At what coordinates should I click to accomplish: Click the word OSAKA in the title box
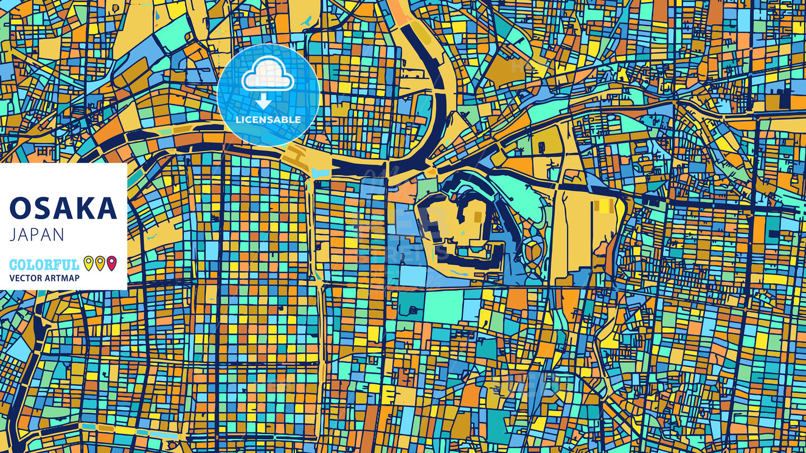tap(63, 208)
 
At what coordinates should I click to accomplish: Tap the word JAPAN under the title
tap(37, 235)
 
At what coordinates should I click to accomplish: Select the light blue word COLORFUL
tap(44, 265)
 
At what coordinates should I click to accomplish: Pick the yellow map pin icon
tap(88, 263)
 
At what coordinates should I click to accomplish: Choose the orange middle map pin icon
tap(100, 263)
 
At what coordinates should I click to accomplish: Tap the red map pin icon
tap(111, 263)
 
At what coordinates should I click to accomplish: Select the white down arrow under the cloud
tap(263, 101)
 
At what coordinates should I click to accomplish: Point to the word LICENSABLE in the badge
tap(268, 120)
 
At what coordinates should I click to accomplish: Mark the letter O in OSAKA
tap(20, 208)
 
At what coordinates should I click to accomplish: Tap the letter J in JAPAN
tap(12, 235)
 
